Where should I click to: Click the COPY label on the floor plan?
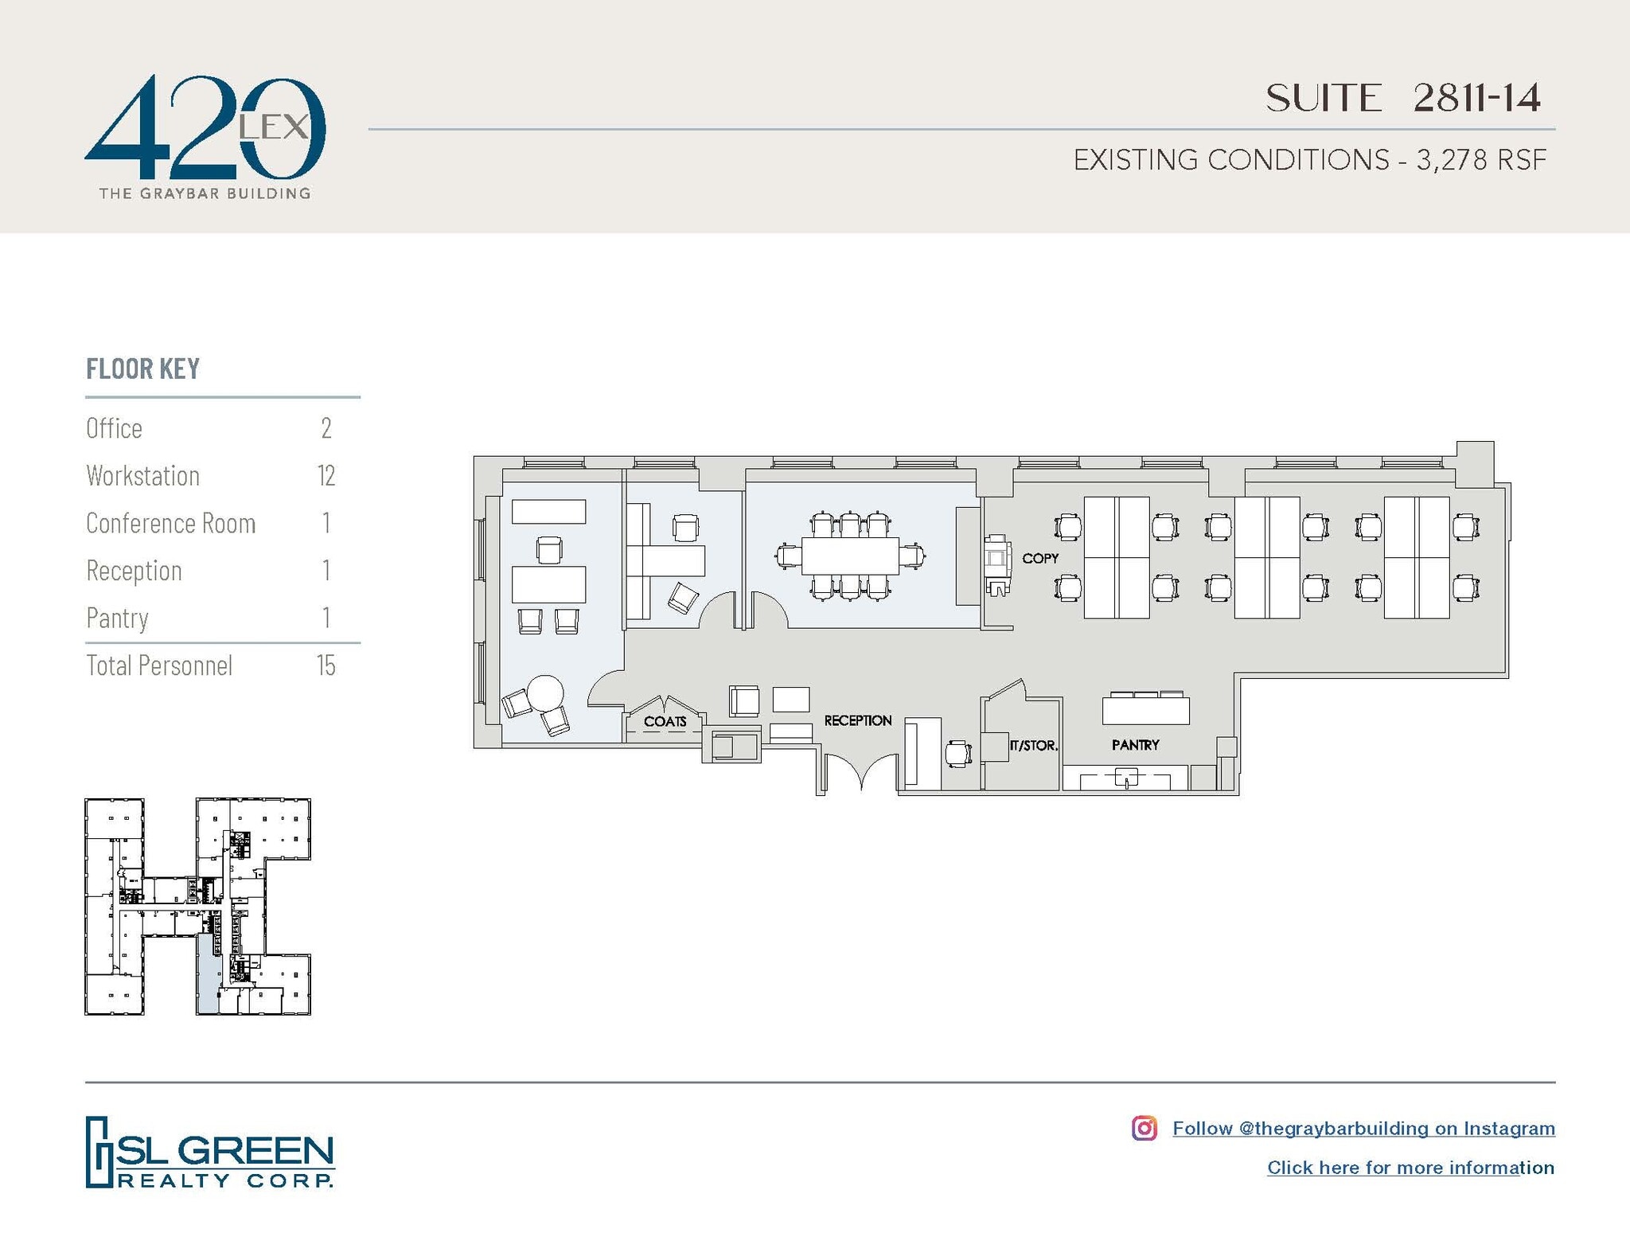(x=1039, y=559)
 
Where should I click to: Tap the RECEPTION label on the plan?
(x=857, y=720)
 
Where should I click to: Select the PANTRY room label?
(x=1135, y=745)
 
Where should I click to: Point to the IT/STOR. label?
(x=1033, y=747)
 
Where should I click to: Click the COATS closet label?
(x=665, y=722)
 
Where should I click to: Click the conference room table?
(x=850, y=556)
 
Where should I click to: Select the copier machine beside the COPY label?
(x=996, y=564)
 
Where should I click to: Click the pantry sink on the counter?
(x=1126, y=778)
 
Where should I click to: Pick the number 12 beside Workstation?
(x=326, y=476)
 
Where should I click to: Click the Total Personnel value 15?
(x=326, y=665)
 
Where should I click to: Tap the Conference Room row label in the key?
(x=170, y=524)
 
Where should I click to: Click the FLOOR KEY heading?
(x=142, y=369)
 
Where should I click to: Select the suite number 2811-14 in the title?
(x=1476, y=99)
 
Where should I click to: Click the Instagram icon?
(x=1144, y=1128)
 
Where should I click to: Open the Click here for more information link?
(x=1410, y=1168)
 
